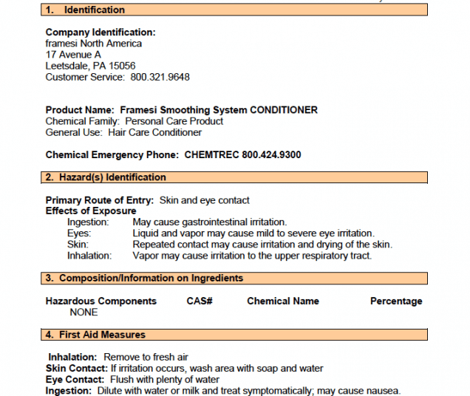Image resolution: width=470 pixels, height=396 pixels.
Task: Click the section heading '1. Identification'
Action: tap(85, 10)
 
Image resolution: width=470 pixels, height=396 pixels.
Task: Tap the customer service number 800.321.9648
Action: tap(160, 77)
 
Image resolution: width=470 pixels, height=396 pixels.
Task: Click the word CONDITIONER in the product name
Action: tap(284, 110)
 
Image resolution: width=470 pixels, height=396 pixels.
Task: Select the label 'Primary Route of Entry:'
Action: tap(100, 200)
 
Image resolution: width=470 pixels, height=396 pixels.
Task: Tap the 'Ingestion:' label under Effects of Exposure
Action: tap(88, 222)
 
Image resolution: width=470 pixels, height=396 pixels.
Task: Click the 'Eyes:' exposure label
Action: tap(79, 233)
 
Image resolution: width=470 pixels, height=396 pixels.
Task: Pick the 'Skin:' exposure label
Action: tap(78, 245)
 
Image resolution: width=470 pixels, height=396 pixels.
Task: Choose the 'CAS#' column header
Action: tap(200, 301)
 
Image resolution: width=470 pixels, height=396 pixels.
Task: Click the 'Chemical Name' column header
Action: tap(283, 301)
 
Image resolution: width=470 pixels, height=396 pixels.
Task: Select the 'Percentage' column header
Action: tap(396, 301)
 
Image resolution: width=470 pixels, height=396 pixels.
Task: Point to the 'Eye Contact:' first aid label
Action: tap(74, 380)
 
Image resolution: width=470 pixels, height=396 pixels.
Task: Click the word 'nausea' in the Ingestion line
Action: tap(382, 391)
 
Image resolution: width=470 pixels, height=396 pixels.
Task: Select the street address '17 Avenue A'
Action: tap(73, 55)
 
